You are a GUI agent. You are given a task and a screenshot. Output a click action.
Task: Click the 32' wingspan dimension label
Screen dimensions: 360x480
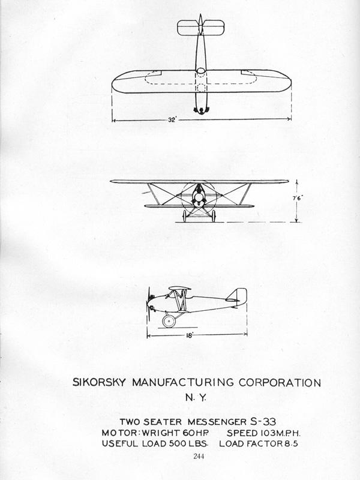pos(172,120)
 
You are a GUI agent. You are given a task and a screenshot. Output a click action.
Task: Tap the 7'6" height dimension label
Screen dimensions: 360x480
pos(298,198)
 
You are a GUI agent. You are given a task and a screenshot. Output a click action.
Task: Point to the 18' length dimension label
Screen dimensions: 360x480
pos(190,336)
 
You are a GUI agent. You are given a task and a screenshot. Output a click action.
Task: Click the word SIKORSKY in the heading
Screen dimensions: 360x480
pos(99,382)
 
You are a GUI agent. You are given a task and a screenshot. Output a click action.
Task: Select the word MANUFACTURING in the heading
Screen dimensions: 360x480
pos(182,382)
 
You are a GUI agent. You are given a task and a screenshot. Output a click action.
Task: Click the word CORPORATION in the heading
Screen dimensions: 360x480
pos(280,383)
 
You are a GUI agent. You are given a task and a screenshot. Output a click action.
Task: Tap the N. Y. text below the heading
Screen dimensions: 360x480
pos(196,398)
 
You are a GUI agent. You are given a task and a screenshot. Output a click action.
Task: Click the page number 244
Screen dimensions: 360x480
pos(199,456)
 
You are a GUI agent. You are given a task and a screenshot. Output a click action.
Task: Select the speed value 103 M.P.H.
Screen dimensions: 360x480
pos(280,433)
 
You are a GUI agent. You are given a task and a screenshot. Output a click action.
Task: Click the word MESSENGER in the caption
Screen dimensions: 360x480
pos(217,422)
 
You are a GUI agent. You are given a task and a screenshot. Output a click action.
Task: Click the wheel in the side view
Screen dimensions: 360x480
pos(169,321)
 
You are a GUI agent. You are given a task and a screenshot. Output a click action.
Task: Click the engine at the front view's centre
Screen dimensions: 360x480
pos(199,197)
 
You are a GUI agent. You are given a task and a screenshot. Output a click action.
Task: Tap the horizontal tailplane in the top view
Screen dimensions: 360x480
pos(201,28)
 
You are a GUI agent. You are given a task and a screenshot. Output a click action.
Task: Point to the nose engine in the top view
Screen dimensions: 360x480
pos(201,110)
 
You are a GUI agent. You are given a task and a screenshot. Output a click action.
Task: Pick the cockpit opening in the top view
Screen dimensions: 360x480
pos(201,71)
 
